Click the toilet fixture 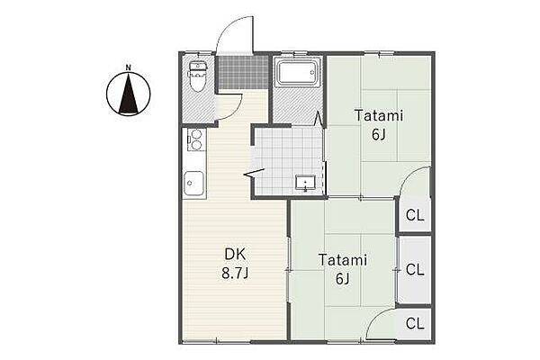(x=197, y=76)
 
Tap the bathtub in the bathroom (x=298, y=72)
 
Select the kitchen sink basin (x=193, y=183)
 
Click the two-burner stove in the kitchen (x=195, y=139)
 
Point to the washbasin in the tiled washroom (x=305, y=183)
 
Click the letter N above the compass (x=128, y=67)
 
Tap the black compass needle (x=129, y=94)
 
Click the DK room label (x=235, y=254)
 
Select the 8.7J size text (x=235, y=274)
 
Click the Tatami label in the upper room (x=379, y=115)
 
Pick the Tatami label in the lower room (x=343, y=260)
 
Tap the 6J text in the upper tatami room (x=379, y=134)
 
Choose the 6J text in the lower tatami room (x=343, y=278)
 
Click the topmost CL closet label (x=415, y=215)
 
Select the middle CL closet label (x=415, y=270)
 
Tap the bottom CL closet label (x=415, y=323)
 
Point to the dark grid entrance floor (x=244, y=72)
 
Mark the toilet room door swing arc (x=235, y=110)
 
